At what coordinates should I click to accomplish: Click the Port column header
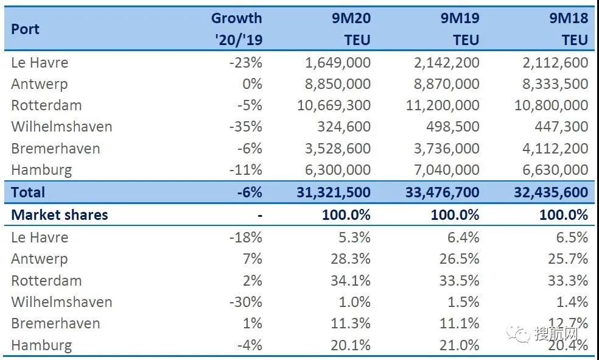(x=25, y=29)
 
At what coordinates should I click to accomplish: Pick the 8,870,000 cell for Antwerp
(x=443, y=83)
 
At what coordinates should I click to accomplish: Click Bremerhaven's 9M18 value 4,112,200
(x=552, y=148)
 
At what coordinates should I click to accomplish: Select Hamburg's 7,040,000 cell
(x=443, y=169)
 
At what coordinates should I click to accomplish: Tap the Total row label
(x=28, y=192)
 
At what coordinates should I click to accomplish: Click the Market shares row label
(x=60, y=214)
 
